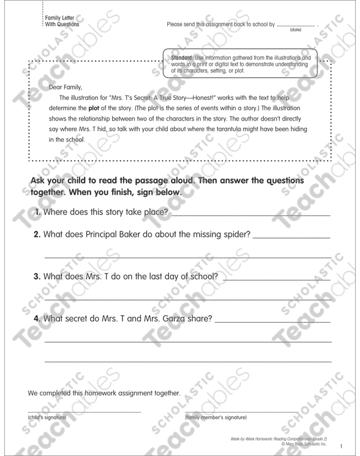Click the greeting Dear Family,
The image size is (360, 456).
click(x=65, y=86)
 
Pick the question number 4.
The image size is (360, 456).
click(x=37, y=318)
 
